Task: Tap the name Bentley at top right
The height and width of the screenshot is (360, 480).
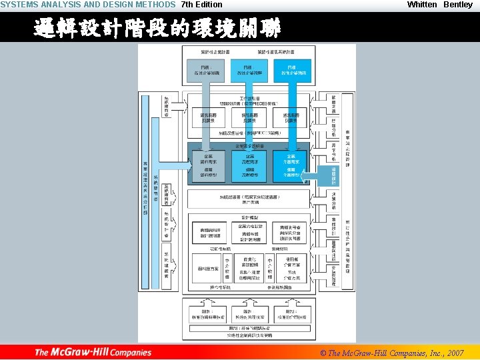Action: tap(458, 5)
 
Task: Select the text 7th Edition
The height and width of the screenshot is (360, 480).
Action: tap(201, 5)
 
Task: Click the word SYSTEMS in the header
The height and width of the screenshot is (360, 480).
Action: tap(20, 5)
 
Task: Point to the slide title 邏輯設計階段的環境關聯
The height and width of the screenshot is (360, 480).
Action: tap(157, 28)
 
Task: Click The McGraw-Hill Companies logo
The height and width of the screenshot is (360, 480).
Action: tap(93, 352)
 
